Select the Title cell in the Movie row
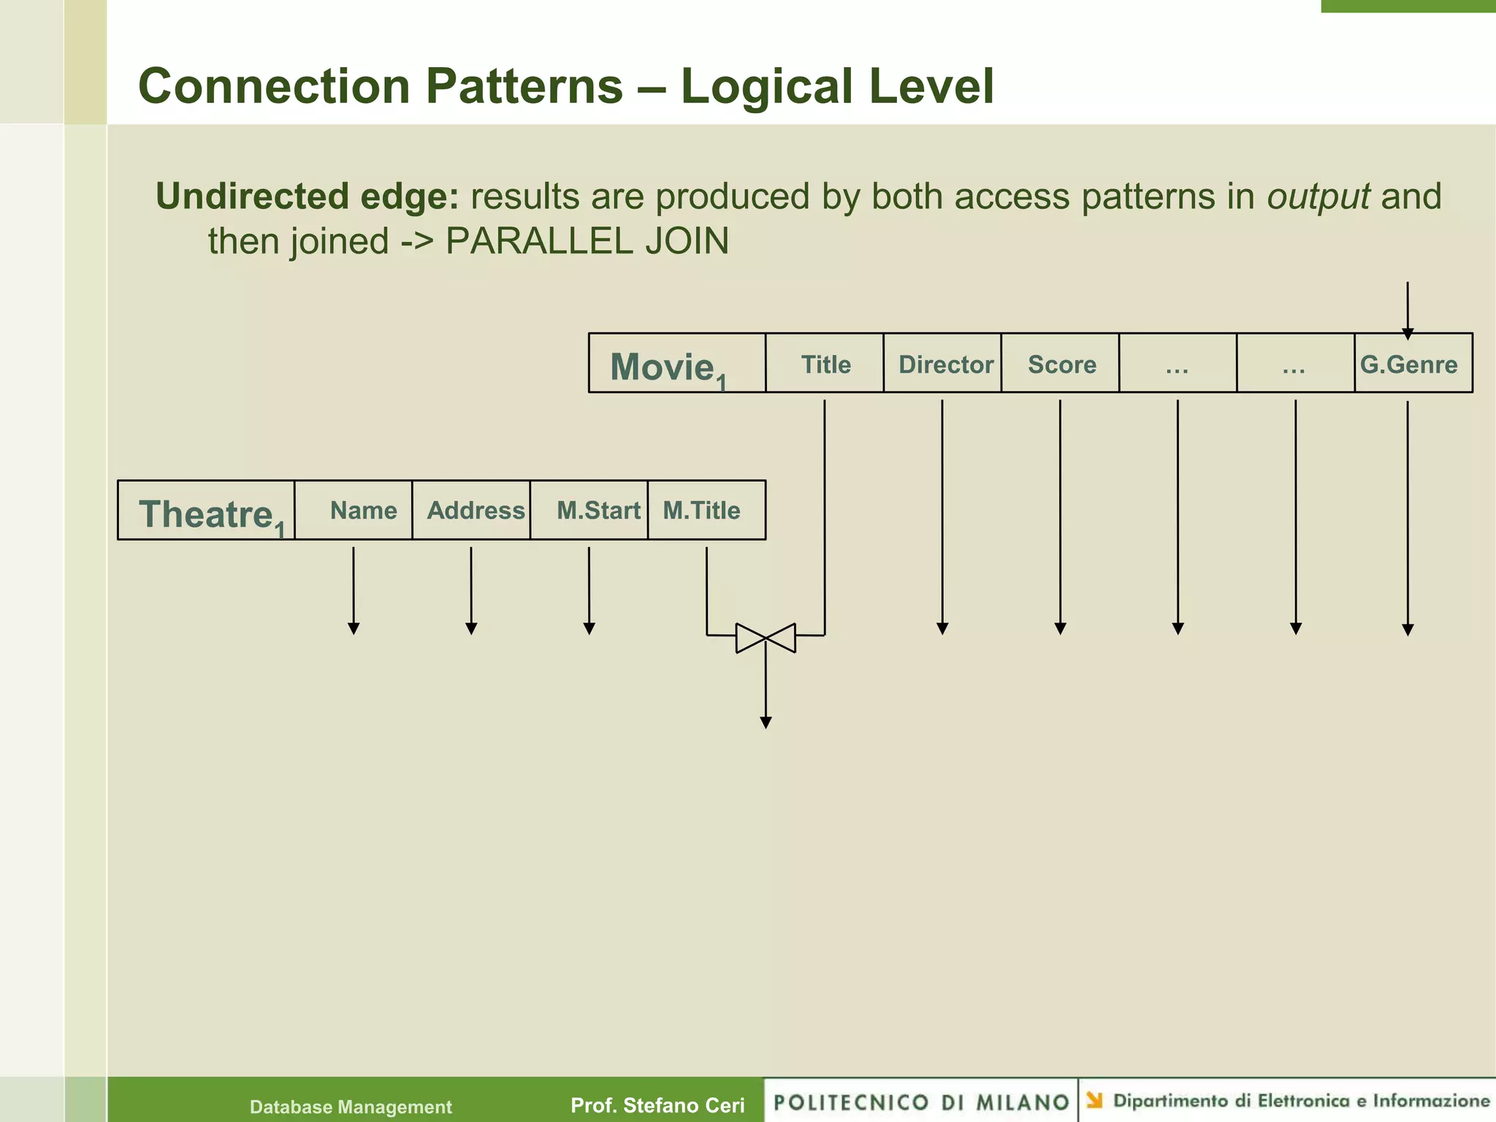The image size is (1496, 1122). click(825, 364)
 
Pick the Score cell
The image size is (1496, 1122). click(1061, 364)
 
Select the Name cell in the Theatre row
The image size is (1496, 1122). click(363, 510)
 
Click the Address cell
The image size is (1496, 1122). click(476, 510)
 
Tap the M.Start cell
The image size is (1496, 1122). click(598, 510)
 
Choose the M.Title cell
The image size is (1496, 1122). click(701, 510)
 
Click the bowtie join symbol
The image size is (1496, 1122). click(766, 638)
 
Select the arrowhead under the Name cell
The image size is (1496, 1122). click(354, 628)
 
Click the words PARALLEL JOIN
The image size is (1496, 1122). click(587, 241)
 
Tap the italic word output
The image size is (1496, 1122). click(1318, 196)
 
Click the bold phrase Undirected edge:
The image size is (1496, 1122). click(307, 196)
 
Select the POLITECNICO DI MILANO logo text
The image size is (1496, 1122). click(921, 1102)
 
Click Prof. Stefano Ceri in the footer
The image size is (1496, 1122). click(657, 1105)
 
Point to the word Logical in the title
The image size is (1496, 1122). click(767, 86)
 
